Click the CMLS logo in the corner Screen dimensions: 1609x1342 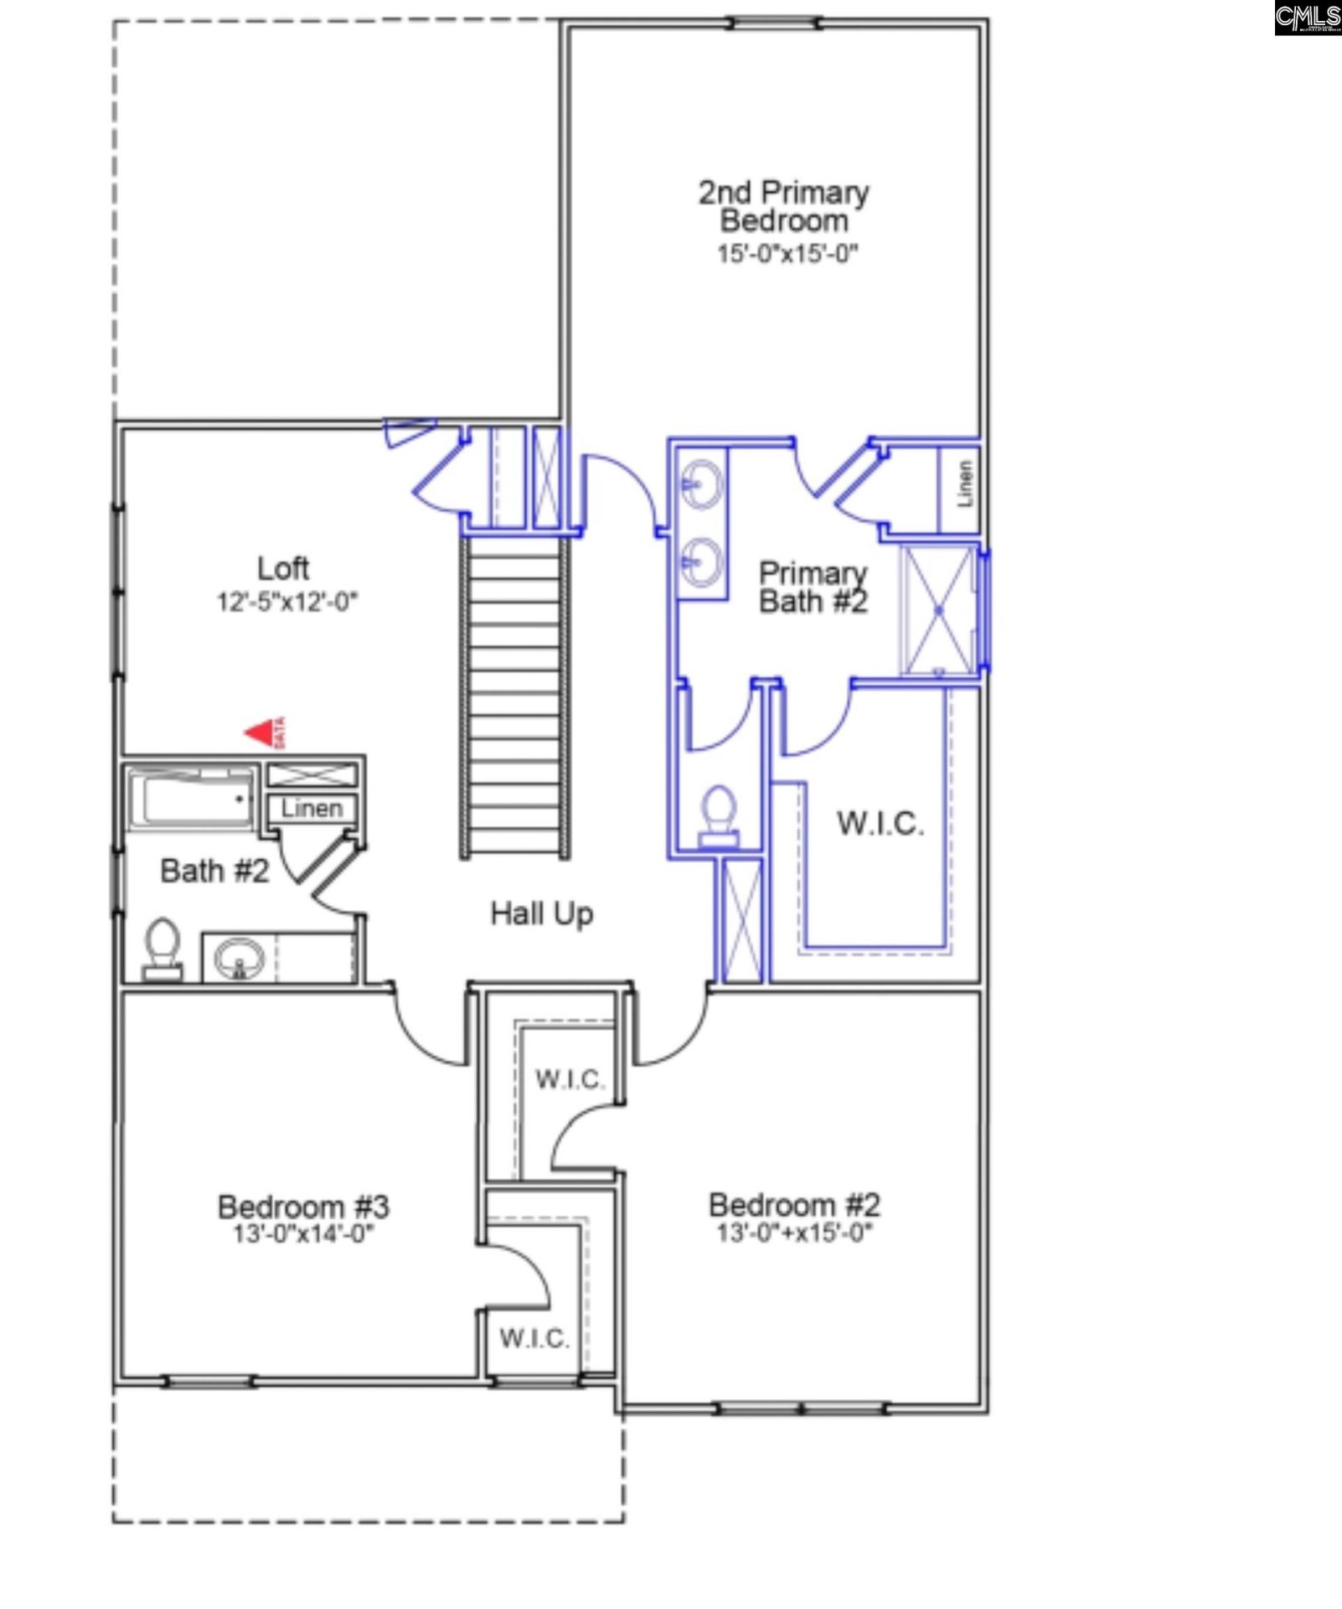click(x=1307, y=18)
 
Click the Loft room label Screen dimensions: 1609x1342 click(x=283, y=568)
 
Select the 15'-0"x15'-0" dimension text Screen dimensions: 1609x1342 click(x=787, y=253)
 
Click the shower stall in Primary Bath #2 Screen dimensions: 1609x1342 click(x=938, y=610)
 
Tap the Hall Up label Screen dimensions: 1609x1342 click(x=542, y=913)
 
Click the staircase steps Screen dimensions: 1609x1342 click(x=514, y=696)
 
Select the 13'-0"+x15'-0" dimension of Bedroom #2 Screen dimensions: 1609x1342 click(x=794, y=1232)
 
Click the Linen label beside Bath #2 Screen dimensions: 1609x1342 click(x=312, y=808)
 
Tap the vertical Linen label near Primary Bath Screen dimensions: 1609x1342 click(x=965, y=484)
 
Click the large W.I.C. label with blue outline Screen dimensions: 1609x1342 click(x=880, y=823)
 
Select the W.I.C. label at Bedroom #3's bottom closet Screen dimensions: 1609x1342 click(x=534, y=1337)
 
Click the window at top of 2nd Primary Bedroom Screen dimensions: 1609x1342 click(x=774, y=23)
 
